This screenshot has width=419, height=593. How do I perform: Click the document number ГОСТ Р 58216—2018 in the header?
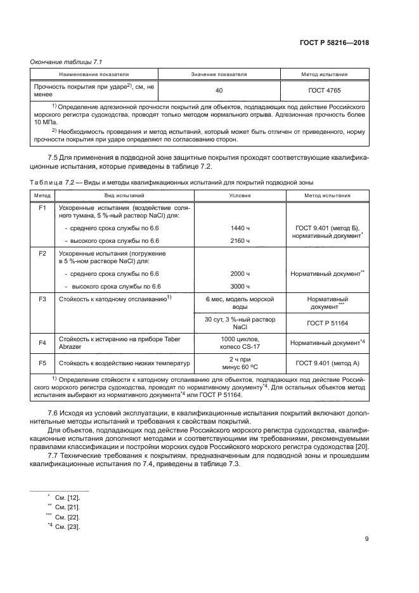point(333,43)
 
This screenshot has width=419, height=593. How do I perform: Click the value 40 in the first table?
point(219,90)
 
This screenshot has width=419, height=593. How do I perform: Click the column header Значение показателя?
point(219,74)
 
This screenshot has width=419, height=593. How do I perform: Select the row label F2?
point(42,253)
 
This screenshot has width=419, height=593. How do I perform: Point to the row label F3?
point(42,298)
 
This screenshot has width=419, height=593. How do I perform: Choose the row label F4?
point(42,343)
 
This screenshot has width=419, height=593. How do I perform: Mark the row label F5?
point(42,364)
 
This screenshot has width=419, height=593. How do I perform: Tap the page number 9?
point(367,539)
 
